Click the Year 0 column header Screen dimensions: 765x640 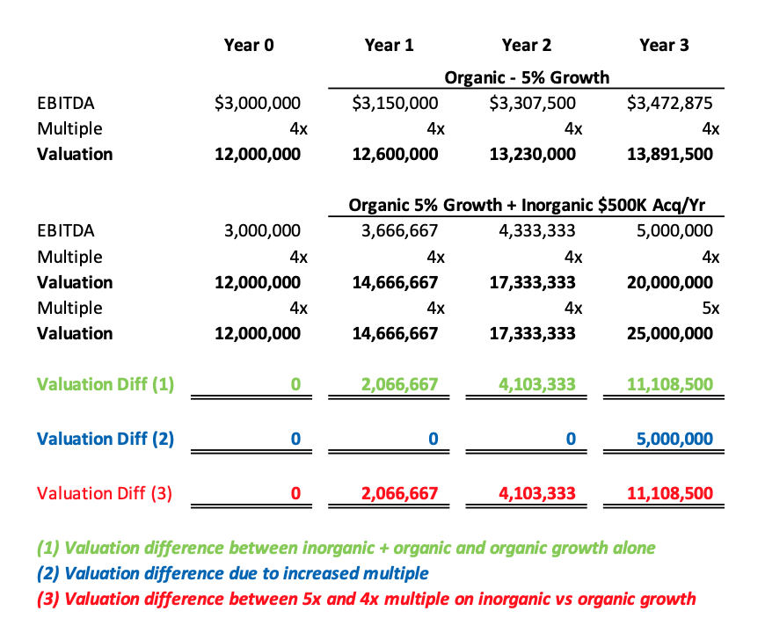pyautogui.click(x=249, y=46)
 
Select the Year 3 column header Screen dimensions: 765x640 pyautogui.click(x=664, y=46)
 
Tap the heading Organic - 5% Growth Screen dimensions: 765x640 pyautogui.click(x=527, y=77)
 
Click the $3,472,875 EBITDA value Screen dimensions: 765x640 pyautogui.click(x=669, y=104)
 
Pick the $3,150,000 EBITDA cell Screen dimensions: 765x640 pyautogui.click(x=395, y=104)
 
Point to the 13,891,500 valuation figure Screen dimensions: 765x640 pyautogui.click(x=669, y=155)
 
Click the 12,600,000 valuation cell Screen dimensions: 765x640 pyautogui.click(x=395, y=155)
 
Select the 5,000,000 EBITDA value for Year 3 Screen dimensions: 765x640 pyautogui.click(x=674, y=230)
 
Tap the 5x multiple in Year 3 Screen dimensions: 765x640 pyautogui.click(x=710, y=309)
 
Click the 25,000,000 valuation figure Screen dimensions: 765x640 pyautogui.click(x=669, y=334)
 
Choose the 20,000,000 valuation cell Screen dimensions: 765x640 pyautogui.click(x=669, y=282)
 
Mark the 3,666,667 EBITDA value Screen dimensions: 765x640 pyautogui.click(x=399, y=230)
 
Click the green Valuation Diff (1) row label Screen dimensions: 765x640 pyautogui.click(x=106, y=384)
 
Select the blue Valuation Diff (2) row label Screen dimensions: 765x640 pyautogui.click(x=106, y=439)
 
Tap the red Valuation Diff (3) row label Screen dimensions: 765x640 pyautogui.click(x=105, y=494)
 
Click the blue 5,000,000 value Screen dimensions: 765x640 pyautogui.click(x=674, y=439)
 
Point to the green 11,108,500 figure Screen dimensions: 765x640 pyautogui.click(x=669, y=384)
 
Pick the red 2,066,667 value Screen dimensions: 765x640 pyautogui.click(x=399, y=494)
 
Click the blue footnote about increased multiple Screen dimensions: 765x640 pyautogui.click(x=233, y=574)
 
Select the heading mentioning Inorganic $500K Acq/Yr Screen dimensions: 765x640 pyautogui.click(x=527, y=206)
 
